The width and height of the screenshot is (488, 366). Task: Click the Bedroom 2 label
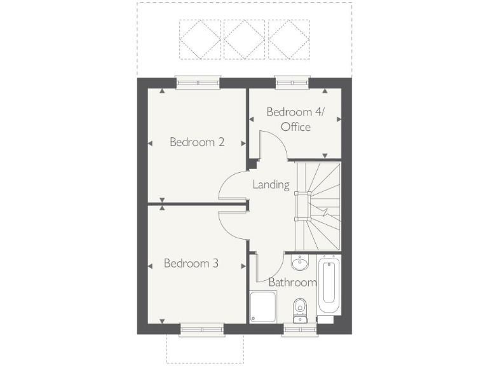[x=196, y=142]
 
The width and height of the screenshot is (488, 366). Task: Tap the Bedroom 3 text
[x=191, y=262]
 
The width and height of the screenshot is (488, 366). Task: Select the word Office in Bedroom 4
[x=295, y=127]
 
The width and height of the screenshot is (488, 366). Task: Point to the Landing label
[x=271, y=185]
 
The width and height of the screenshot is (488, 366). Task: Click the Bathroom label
[x=292, y=282]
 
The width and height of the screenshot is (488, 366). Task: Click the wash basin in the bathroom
[x=299, y=263]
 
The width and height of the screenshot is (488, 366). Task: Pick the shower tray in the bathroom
[x=264, y=308]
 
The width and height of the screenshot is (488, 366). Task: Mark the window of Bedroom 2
[x=199, y=82]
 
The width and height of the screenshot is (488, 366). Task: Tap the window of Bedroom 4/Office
[x=292, y=82]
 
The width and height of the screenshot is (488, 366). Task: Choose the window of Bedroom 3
[x=201, y=329]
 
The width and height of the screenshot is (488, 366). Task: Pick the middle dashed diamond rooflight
[x=245, y=39]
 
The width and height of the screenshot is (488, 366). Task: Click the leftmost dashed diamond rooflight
[x=200, y=39]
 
